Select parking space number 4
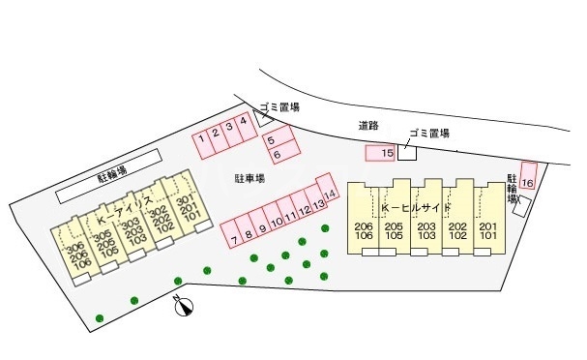244,123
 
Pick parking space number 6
277,155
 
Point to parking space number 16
528,182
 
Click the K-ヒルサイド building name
417,208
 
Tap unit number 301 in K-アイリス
183,201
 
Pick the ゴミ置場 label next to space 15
429,134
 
